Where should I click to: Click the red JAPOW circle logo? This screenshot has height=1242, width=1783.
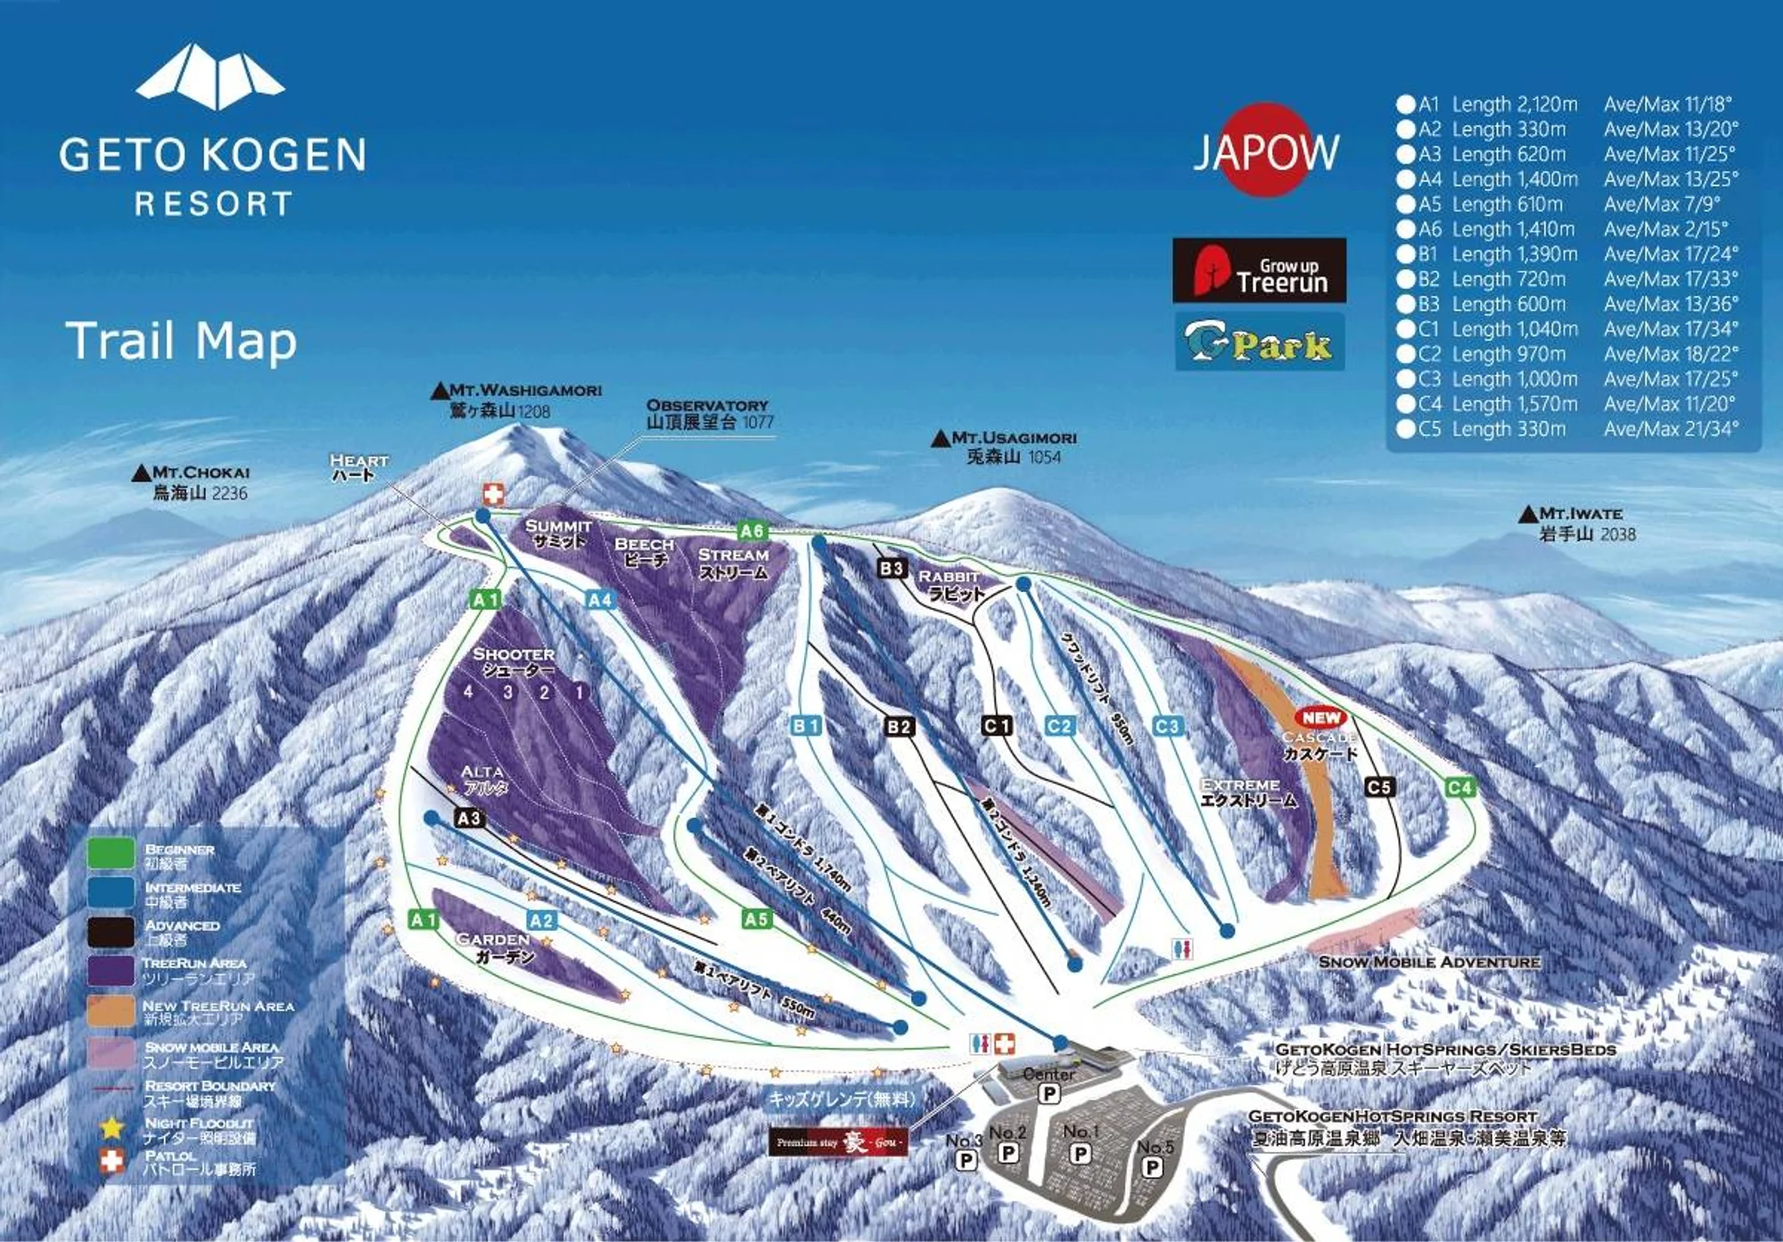point(1265,150)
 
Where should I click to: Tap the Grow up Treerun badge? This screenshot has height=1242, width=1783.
point(1259,271)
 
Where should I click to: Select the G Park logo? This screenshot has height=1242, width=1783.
point(1259,342)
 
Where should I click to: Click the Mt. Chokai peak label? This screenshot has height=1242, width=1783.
point(191,482)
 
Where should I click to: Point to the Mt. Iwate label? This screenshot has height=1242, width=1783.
point(1579,524)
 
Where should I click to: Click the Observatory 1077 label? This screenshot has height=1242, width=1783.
point(710,414)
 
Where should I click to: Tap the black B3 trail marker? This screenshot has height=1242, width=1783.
point(891,568)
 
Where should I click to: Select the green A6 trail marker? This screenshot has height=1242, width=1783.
point(752,531)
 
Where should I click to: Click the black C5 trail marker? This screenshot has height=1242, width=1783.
point(1378,786)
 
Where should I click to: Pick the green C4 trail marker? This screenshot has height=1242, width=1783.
point(1459,787)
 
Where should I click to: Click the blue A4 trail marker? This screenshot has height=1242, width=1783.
point(600,600)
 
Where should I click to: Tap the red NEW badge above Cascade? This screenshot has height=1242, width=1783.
point(1320,717)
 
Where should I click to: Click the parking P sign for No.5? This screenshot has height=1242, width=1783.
point(1152,1167)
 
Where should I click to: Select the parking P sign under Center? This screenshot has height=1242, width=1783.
point(1049,1093)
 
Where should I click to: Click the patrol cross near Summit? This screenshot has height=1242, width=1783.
point(493,495)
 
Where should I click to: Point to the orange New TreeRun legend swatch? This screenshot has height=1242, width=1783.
point(111,1012)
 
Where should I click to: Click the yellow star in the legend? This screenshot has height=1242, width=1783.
point(111,1128)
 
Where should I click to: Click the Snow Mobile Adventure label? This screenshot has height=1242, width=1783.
point(1428,962)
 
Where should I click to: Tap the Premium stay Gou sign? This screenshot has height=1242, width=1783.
point(838,1142)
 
